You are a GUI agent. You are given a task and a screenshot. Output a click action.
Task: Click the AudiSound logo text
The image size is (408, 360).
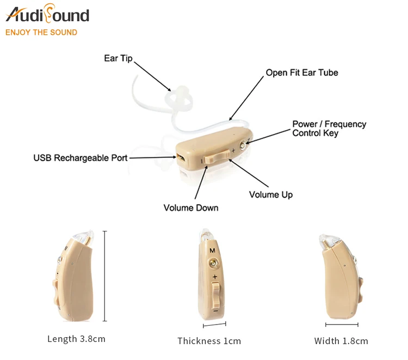(x=47, y=15)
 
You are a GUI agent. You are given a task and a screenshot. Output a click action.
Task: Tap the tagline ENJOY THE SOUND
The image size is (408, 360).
(x=41, y=32)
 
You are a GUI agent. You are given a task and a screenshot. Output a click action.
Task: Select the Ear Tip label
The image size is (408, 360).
(x=118, y=58)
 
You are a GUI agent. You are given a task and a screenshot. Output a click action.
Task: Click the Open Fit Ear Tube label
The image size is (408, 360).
(x=301, y=72)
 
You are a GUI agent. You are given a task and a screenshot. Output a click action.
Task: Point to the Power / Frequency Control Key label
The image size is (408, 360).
(x=329, y=129)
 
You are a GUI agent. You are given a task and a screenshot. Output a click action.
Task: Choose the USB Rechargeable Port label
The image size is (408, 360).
(x=81, y=158)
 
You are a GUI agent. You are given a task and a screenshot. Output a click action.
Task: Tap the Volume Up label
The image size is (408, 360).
(x=271, y=194)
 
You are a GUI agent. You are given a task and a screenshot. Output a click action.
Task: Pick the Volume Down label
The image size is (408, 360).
(x=191, y=208)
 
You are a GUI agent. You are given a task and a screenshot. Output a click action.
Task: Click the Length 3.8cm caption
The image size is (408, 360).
(x=76, y=339)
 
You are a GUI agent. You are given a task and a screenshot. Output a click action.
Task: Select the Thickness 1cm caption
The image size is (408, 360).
(x=209, y=341)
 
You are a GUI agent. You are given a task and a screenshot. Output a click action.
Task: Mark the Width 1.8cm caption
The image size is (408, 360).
(x=341, y=341)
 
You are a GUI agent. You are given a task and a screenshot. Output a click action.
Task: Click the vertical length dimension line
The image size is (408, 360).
(x=104, y=277)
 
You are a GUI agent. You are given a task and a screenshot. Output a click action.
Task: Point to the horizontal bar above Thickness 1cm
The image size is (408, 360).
(x=214, y=326)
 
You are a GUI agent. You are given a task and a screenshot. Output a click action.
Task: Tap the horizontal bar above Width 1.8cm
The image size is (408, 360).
(x=342, y=325)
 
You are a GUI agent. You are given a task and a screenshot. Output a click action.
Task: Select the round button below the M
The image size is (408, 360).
(x=214, y=263)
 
